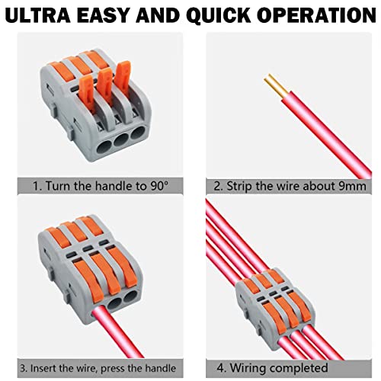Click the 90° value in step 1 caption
click(x=159, y=186)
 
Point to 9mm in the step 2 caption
click(x=353, y=186)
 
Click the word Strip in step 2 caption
click(x=239, y=186)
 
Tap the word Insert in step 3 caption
click(x=42, y=368)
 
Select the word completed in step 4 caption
click(x=299, y=368)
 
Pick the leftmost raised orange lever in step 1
click(x=87, y=94)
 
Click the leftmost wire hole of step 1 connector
click(x=104, y=148)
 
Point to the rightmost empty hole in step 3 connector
click(x=130, y=296)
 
